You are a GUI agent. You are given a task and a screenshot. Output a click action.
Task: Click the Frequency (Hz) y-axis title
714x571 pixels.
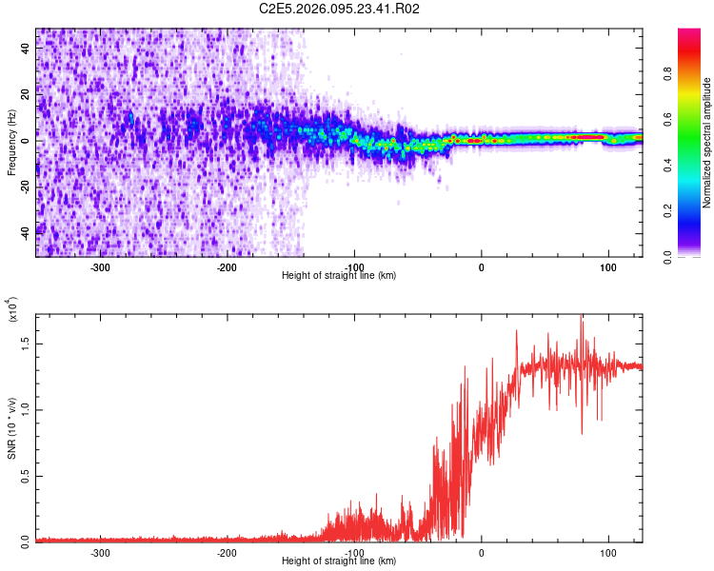point(11,143)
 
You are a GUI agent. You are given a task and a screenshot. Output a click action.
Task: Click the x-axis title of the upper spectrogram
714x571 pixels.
point(339,276)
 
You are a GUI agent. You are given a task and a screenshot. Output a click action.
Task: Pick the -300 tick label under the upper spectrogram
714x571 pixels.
point(101,266)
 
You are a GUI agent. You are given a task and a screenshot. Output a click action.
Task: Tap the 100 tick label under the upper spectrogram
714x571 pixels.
point(607,266)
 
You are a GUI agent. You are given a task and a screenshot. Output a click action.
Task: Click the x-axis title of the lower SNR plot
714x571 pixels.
point(339,561)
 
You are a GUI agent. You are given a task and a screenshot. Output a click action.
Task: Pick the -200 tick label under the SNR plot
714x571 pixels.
point(227,551)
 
